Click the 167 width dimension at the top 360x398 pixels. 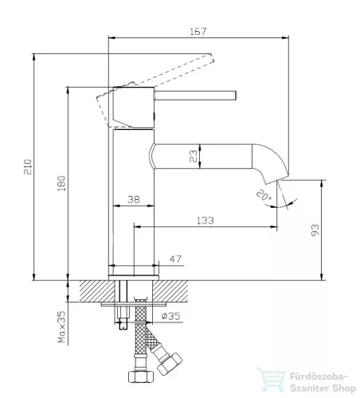(x=198, y=32)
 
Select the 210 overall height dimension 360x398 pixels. (x=28, y=166)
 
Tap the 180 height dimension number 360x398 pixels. (x=61, y=183)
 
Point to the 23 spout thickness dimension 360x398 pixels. (x=194, y=156)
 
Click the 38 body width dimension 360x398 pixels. (x=134, y=200)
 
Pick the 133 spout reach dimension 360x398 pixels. (x=205, y=220)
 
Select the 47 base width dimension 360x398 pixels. (x=175, y=259)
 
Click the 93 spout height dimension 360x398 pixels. (x=315, y=230)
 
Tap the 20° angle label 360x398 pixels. (x=264, y=195)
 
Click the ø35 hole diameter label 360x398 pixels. (x=171, y=316)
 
